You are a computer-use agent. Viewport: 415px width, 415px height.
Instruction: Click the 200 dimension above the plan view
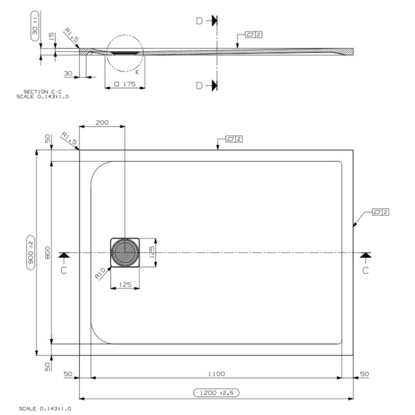tap(102, 123)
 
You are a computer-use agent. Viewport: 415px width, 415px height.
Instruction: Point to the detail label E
tap(137, 72)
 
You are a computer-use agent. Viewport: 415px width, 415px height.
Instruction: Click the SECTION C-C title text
tap(40, 91)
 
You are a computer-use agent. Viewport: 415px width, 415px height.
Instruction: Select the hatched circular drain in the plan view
tap(125, 253)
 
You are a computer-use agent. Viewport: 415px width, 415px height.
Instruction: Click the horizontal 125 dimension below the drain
tap(125, 284)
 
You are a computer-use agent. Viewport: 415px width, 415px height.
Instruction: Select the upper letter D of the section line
tap(199, 21)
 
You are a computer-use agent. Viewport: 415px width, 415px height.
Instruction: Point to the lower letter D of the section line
tap(199, 85)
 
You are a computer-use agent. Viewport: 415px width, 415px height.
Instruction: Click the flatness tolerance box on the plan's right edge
tap(380, 212)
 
